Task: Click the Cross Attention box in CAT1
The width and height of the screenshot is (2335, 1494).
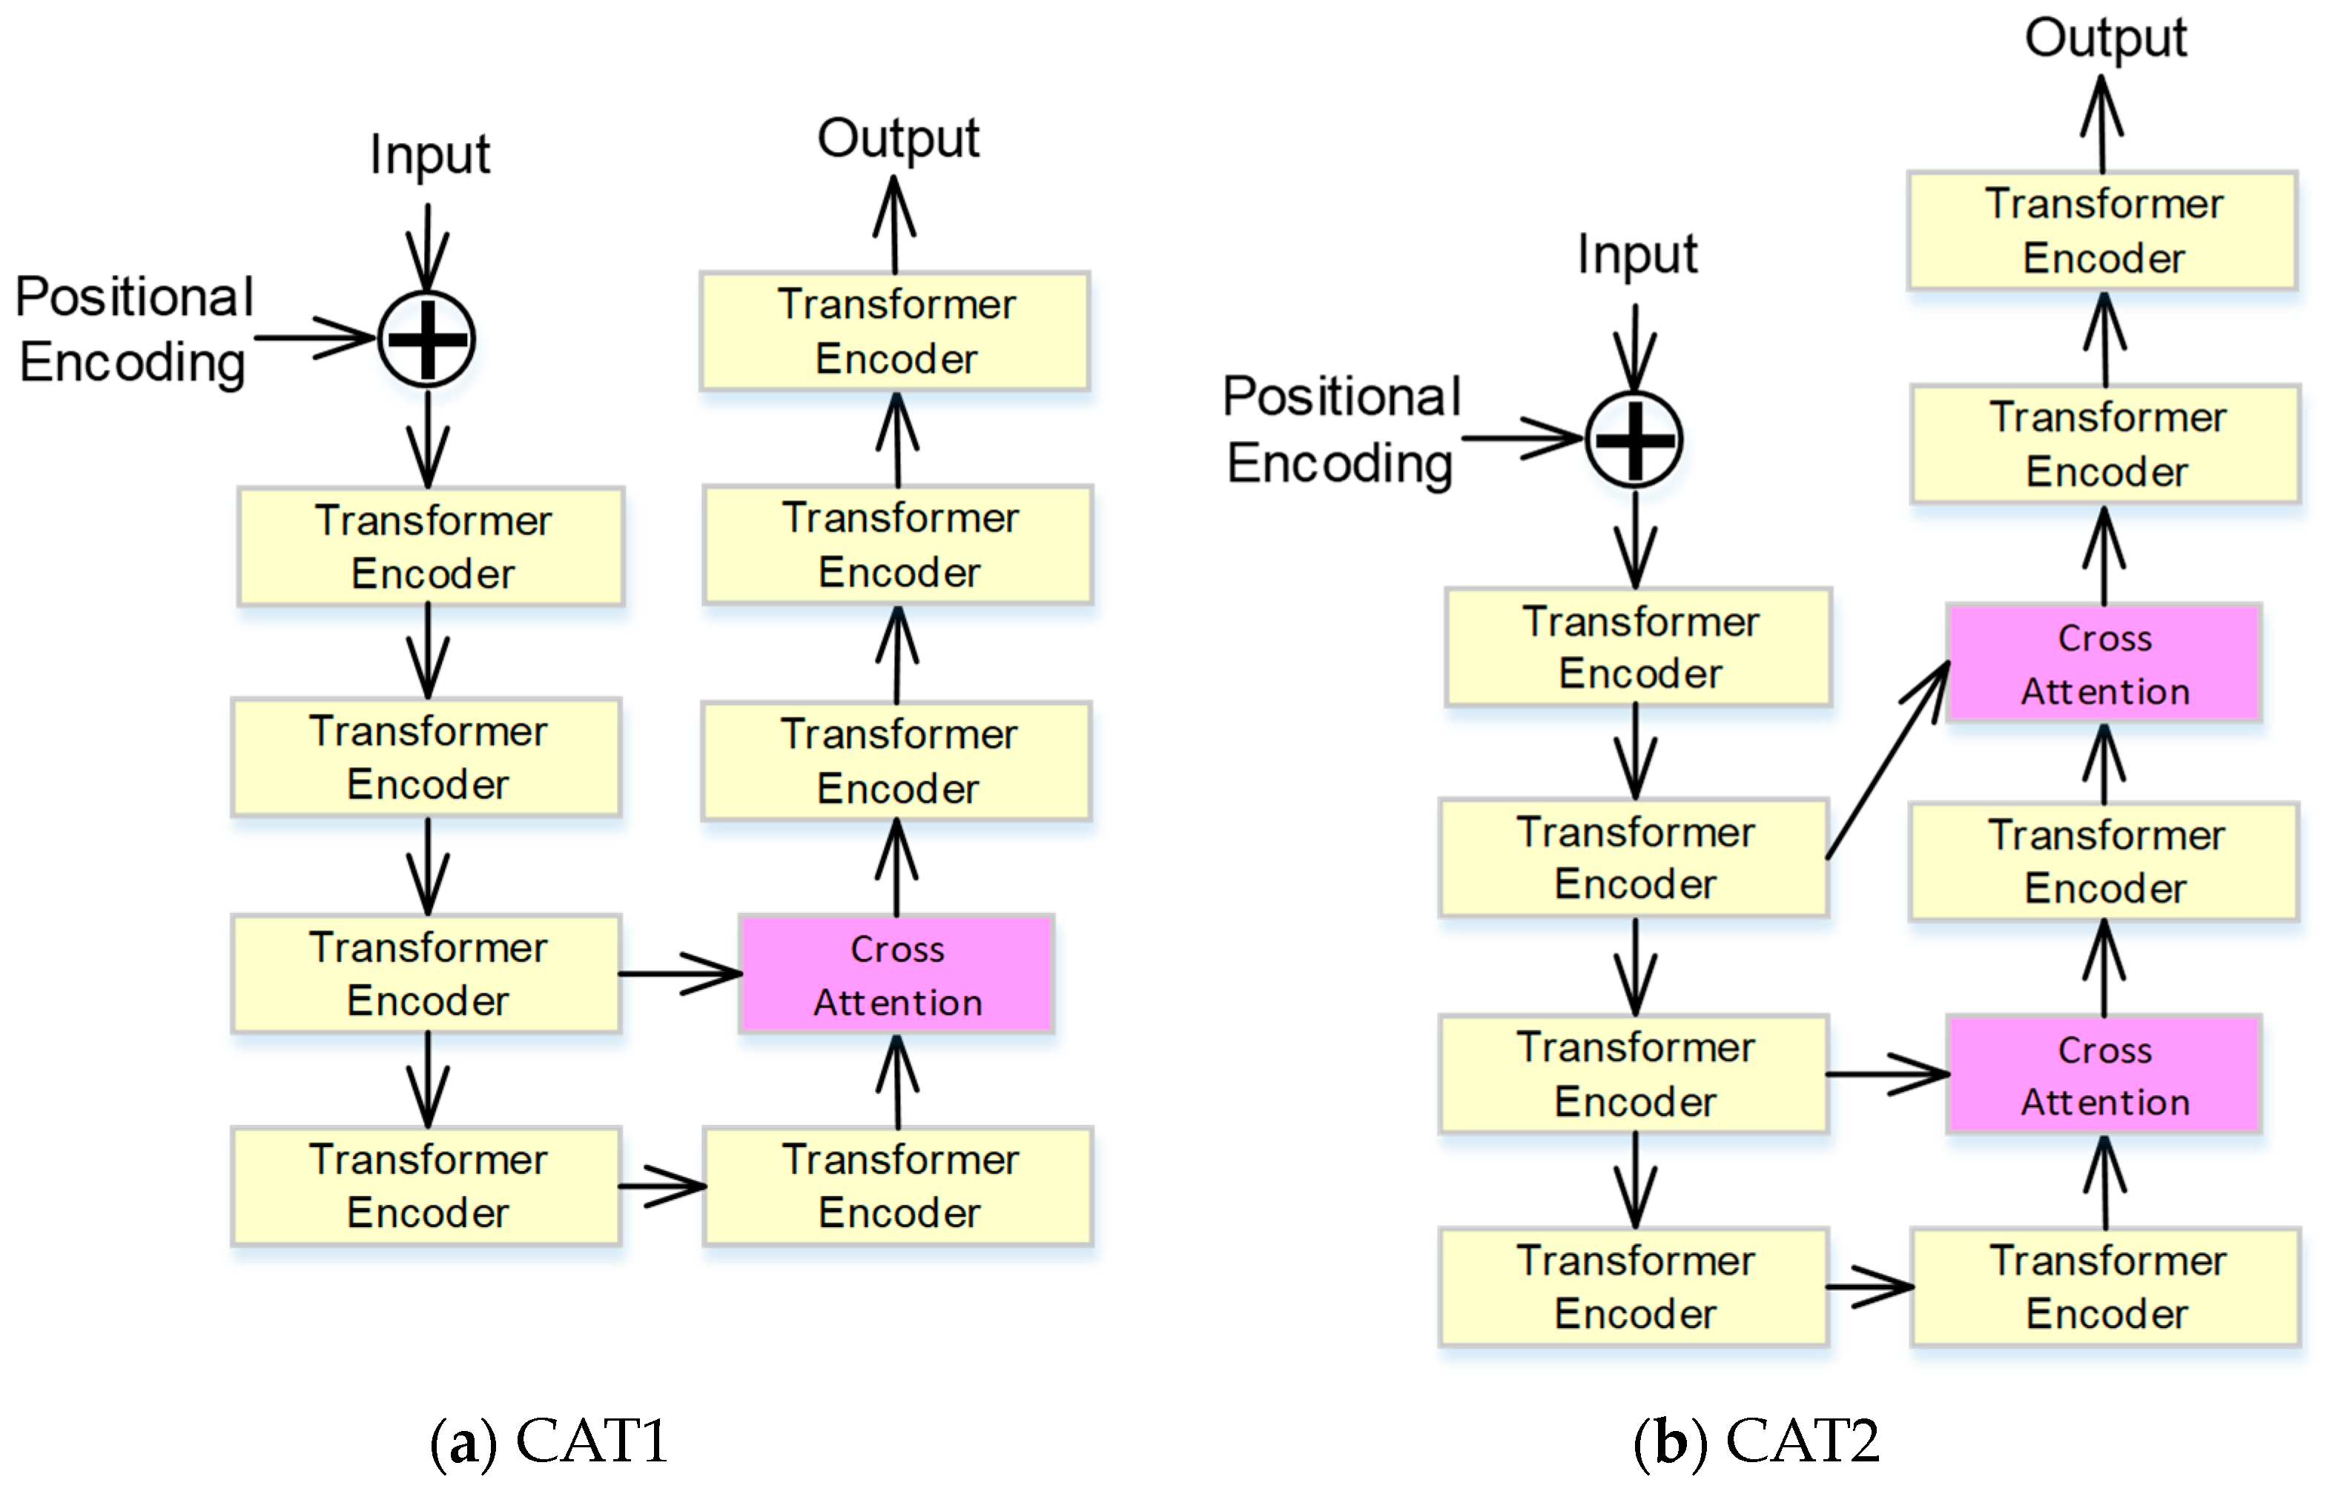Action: (x=896, y=974)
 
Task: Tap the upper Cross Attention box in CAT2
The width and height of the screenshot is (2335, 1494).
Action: (x=2104, y=663)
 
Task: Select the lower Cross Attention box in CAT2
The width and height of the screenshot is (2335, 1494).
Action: (x=2104, y=1075)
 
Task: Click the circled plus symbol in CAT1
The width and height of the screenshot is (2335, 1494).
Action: (x=426, y=339)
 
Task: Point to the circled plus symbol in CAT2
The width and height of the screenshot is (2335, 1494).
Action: (x=1634, y=439)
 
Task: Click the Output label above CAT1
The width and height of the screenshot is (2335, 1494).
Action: (x=898, y=139)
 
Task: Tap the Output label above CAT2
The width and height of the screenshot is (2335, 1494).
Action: (x=2105, y=39)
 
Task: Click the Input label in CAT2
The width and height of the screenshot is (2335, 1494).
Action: (x=1637, y=255)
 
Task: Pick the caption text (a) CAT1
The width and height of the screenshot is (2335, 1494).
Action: (x=549, y=1441)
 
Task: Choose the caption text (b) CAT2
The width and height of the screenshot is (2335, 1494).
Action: (x=1757, y=1441)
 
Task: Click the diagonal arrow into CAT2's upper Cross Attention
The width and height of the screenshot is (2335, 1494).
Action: (x=1888, y=762)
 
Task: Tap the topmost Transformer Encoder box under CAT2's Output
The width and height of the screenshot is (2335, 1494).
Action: (x=2102, y=231)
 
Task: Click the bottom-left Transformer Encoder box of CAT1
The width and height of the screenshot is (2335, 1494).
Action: (x=426, y=1186)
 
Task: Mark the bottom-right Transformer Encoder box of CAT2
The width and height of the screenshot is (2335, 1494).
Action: (x=2105, y=1287)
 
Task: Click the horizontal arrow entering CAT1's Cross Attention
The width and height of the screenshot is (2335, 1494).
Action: (x=679, y=973)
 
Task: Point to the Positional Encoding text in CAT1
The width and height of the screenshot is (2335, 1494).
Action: (x=134, y=330)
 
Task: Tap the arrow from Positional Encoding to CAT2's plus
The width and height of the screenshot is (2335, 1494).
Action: (x=1522, y=439)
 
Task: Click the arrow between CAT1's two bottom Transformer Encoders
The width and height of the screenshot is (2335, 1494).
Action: (x=662, y=1186)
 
